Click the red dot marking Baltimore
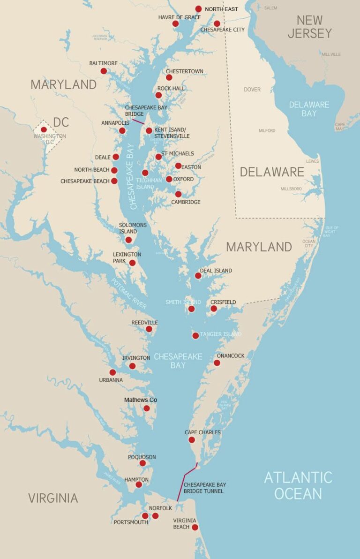click(104, 71)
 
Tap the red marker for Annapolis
click(122, 131)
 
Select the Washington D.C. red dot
click(44, 130)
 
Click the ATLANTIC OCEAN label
click(298, 485)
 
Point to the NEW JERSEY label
click(309, 27)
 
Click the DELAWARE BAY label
click(309, 109)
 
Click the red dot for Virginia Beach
click(195, 527)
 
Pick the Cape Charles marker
click(192, 440)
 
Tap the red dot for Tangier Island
click(195, 336)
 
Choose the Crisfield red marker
click(214, 309)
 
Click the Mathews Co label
click(141, 400)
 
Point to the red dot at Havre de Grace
click(175, 23)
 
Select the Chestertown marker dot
click(169, 77)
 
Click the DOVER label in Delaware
click(252, 90)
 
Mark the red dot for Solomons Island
click(128, 240)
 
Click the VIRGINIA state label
click(53, 498)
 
